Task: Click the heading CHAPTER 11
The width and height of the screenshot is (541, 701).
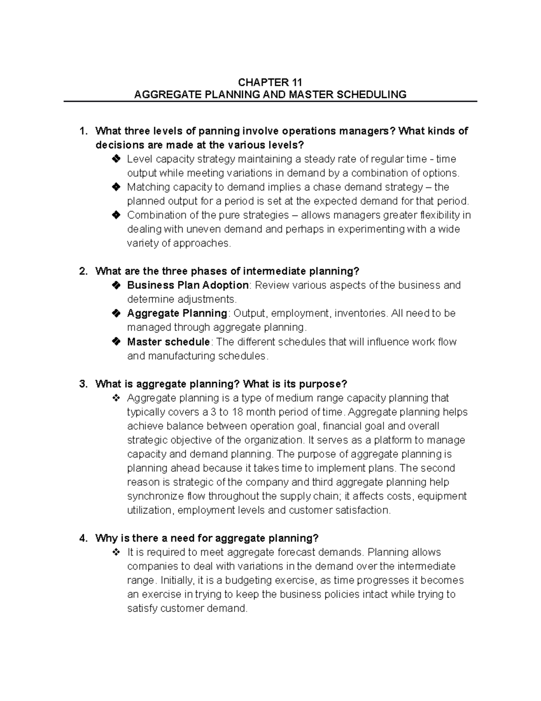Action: pyautogui.click(x=270, y=82)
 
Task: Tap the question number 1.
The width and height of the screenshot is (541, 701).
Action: pyautogui.click(x=82, y=131)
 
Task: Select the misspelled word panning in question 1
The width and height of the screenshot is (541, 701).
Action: pyautogui.click(x=220, y=131)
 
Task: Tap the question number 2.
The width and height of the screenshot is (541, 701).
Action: pyautogui.click(x=82, y=271)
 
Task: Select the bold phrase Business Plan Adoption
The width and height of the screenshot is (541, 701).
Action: pyautogui.click(x=188, y=285)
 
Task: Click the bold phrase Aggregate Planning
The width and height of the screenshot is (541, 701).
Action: pyautogui.click(x=177, y=313)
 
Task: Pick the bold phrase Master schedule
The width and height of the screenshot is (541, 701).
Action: pyautogui.click(x=168, y=342)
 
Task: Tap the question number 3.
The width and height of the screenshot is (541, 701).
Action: pyautogui.click(x=82, y=384)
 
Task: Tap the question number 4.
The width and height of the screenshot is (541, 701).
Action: pyautogui.click(x=82, y=538)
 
